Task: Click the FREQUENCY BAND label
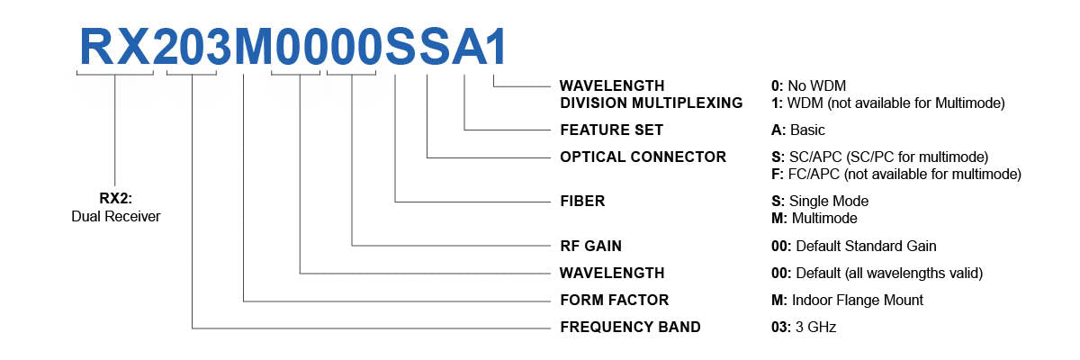(630, 327)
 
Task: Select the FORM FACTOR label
(614, 300)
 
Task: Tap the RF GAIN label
(590, 246)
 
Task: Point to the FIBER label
(582, 201)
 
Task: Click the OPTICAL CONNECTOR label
(643, 157)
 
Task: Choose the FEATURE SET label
(611, 130)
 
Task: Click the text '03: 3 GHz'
(798, 327)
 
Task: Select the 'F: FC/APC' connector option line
(890, 173)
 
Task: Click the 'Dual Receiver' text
(115, 217)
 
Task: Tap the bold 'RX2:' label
(115, 200)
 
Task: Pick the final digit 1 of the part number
(496, 46)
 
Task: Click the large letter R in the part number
(96, 46)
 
